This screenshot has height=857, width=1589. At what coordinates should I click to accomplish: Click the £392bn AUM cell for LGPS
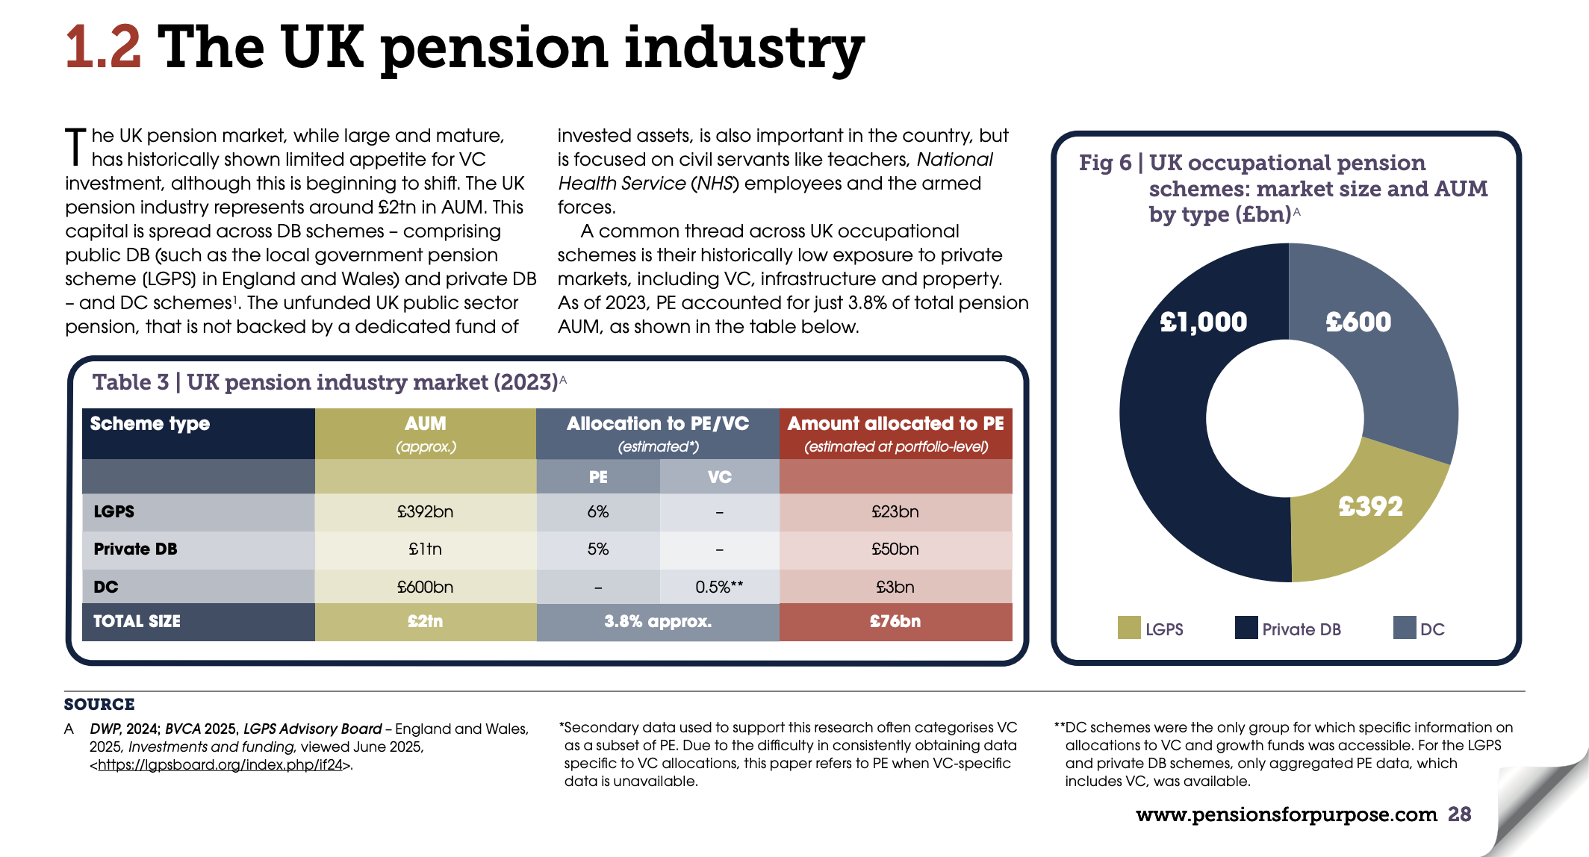pyautogui.click(x=425, y=512)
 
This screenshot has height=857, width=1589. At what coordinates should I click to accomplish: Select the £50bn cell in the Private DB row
pyautogui.click(x=895, y=549)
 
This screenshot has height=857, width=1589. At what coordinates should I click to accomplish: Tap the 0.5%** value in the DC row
pyautogui.click(x=718, y=587)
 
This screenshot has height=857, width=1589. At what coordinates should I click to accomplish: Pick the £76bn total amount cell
pyautogui.click(x=895, y=621)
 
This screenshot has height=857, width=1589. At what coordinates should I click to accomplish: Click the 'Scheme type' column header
pyautogui.click(x=150, y=424)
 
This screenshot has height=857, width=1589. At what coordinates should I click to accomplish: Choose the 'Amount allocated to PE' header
pyautogui.click(x=895, y=424)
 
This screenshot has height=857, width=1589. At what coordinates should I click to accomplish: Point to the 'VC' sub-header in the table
pyautogui.click(x=719, y=477)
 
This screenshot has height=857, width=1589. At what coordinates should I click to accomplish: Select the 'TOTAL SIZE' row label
pyautogui.click(x=137, y=621)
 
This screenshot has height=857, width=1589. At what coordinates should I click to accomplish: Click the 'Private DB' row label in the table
pyautogui.click(x=135, y=549)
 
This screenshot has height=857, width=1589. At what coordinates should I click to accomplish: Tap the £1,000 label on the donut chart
pyautogui.click(x=1203, y=322)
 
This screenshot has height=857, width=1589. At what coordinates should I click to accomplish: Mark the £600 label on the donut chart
pyautogui.click(x=1358, y=322)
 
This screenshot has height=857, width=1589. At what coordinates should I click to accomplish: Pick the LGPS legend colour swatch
pyautogui.click(x=1129, y=628)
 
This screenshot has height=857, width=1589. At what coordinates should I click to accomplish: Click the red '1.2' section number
pyautogui.click(x=103, y=46)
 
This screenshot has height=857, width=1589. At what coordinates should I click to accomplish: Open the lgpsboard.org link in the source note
pyautogui.click(x=220, y=765)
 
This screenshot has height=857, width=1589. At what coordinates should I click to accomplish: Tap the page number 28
pyautogui.click(x=1459, y=814)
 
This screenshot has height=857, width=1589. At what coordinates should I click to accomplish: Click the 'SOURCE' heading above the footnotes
pyautogui.click(x=99, y=704)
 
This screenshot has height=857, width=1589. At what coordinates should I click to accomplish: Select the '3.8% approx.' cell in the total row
pyautogui.click(x=657, y=621)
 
